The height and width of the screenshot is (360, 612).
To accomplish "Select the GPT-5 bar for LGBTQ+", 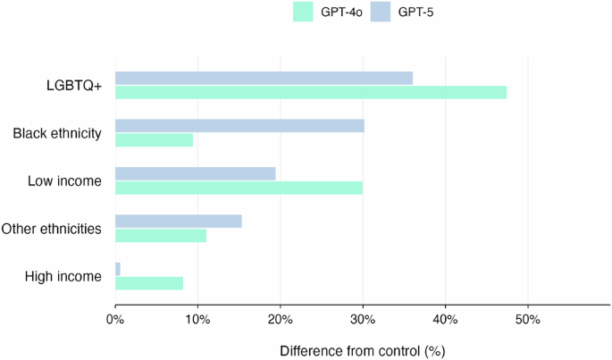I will (264, 78).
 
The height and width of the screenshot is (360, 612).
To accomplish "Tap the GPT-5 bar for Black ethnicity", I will (239, 125).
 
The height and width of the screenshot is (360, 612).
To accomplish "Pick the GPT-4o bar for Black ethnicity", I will (154, 139).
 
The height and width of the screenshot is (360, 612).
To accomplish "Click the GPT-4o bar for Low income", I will (239, 187).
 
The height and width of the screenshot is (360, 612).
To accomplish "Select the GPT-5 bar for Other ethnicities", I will (178, 221).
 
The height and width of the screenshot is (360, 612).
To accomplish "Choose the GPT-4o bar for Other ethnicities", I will (161, 235).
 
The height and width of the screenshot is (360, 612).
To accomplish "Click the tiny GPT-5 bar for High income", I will (118, 269).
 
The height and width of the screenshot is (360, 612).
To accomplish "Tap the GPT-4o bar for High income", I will (149, 283).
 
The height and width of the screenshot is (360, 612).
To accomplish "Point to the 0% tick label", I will (115, 319).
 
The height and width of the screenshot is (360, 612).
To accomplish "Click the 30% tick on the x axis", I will (363, 319).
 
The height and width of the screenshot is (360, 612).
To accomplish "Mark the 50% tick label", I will (527, 319).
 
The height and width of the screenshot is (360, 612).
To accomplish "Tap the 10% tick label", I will (197, 319).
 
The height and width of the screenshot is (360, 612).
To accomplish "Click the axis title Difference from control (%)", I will (362, 350).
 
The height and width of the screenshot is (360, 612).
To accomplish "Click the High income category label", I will (63, 276).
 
